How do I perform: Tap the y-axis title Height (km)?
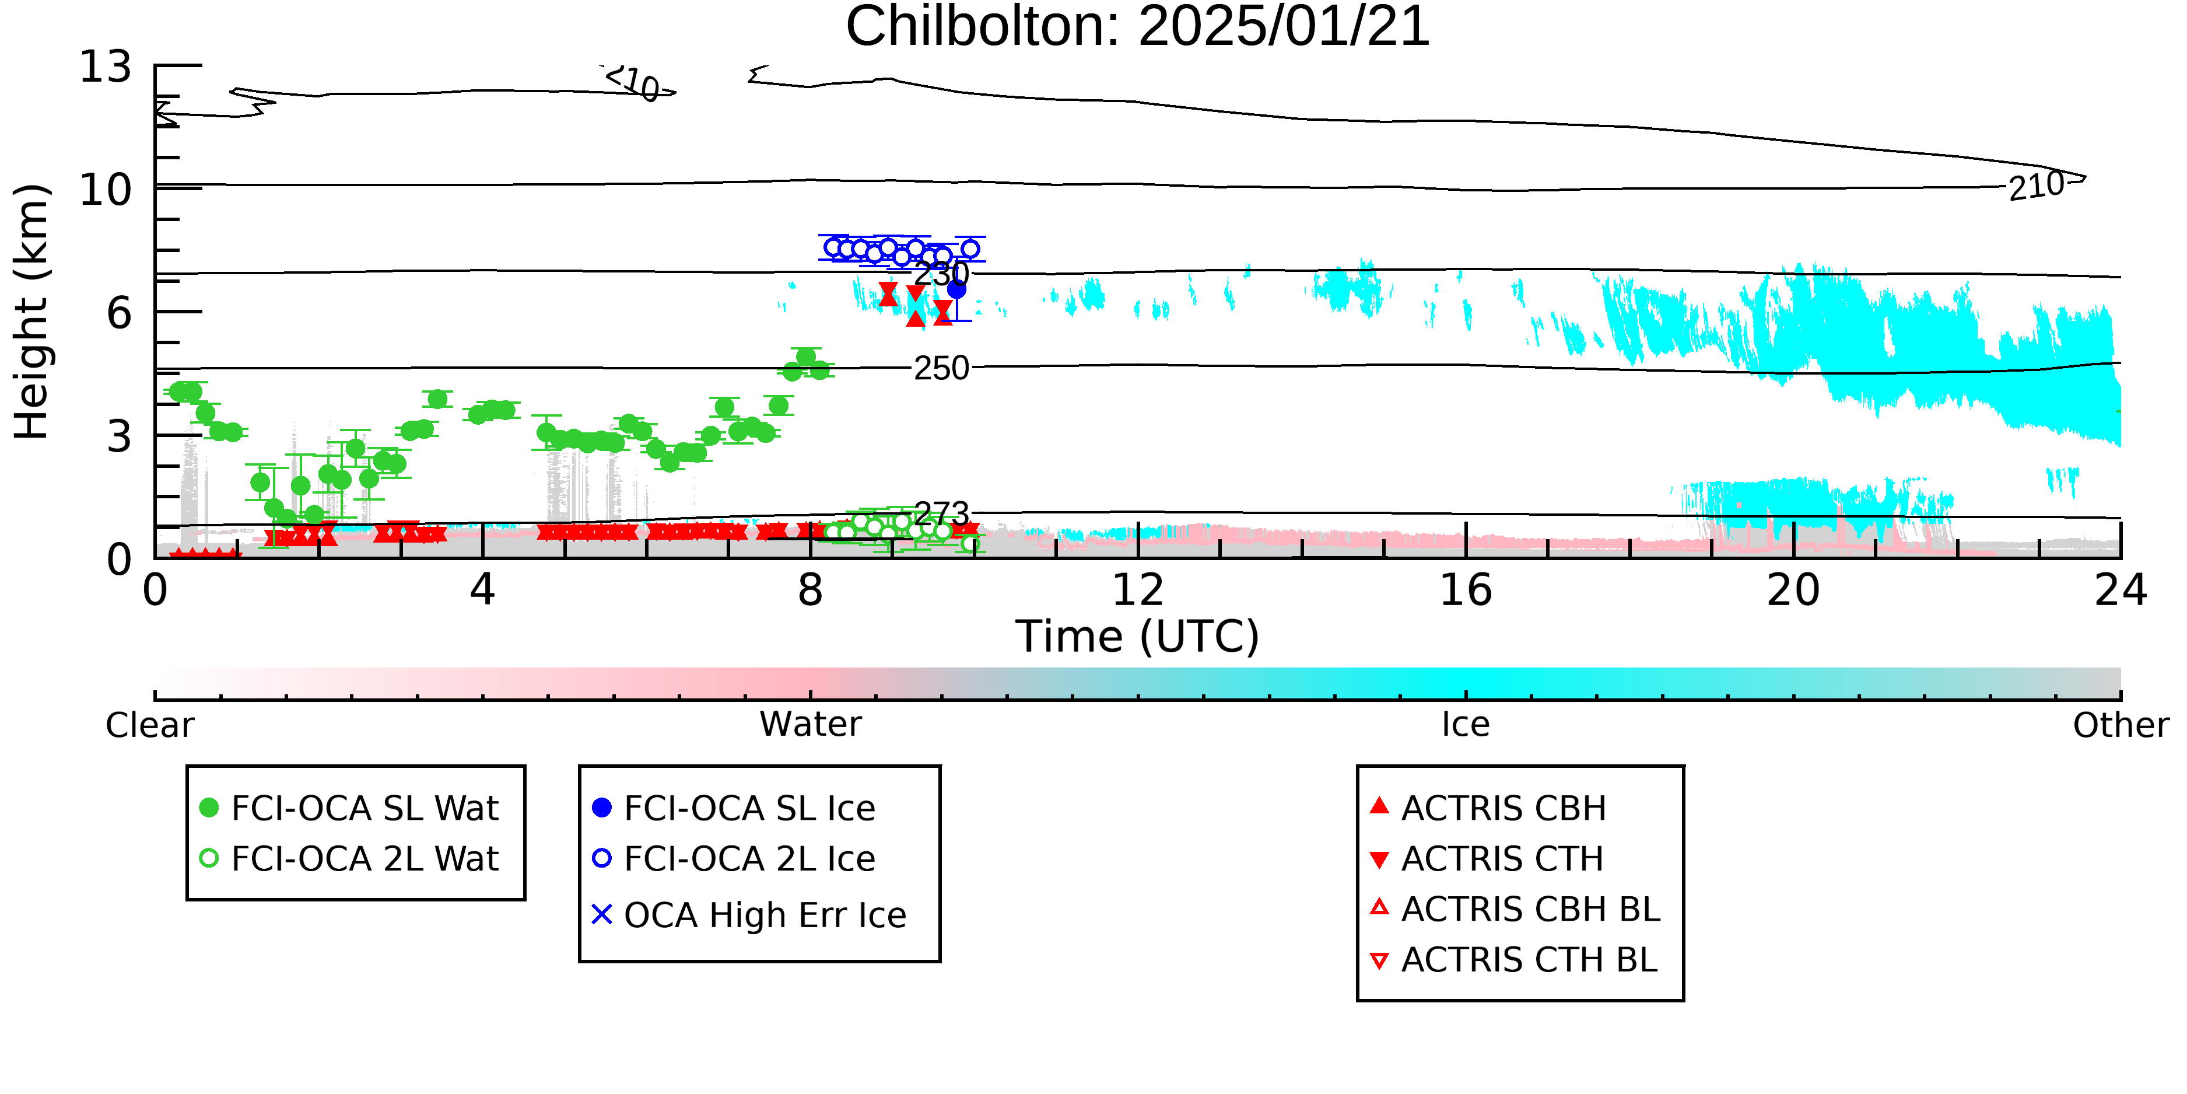[31, 312]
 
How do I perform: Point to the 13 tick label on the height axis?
[106, 67]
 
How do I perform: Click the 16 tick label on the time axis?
[1466, 590]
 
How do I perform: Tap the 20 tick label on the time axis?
[1793, 590]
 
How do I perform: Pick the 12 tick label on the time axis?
[1138, 590]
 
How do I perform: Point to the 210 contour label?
[2037, 185]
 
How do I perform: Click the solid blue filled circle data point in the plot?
[956, 289]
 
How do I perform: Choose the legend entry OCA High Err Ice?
[749, 915]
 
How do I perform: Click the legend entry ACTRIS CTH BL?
[1514, 960]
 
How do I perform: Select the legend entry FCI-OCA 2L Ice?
[734, 859]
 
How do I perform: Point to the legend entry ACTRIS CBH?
[1488, 808]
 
